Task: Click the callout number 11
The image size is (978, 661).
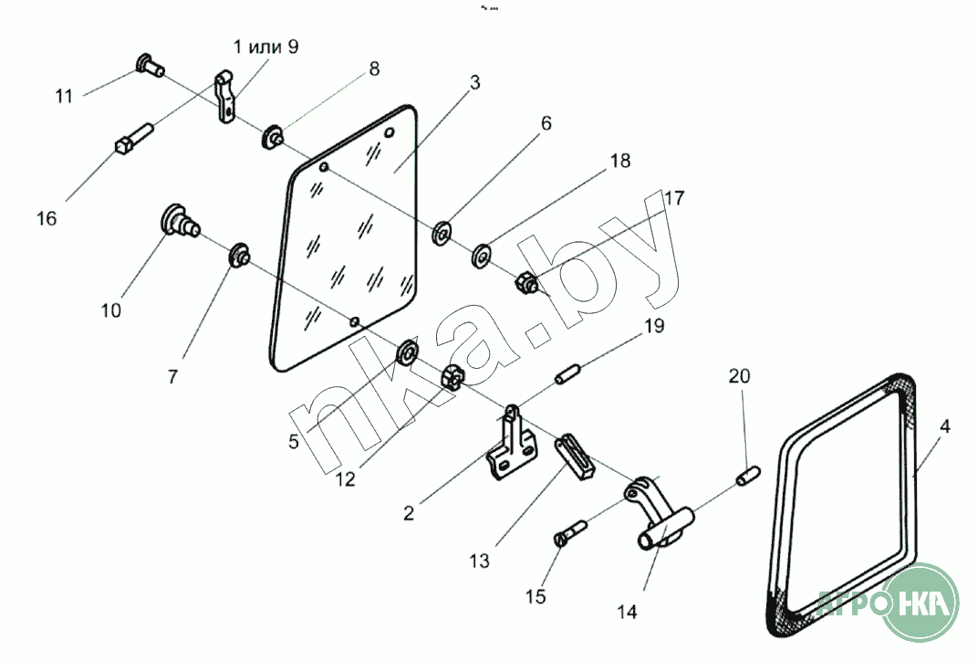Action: [x=64, y=96]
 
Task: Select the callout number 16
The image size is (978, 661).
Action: [x=47, y=218]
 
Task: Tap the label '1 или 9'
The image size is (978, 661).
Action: [x=265, y=47]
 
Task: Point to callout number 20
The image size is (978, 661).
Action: [x=739, y=376]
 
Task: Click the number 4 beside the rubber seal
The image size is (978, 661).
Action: [x=945, y=427]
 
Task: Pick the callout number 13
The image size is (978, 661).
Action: [x=480, y=561]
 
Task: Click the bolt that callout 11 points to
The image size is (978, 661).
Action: [x=150, y=65]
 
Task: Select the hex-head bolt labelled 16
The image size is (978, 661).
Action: [x=134, y=138]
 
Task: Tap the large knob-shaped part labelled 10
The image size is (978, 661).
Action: [x=180, y=220]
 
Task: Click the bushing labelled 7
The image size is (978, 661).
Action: [x=240, y=255]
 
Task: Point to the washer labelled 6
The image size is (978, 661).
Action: [x=443, y=233]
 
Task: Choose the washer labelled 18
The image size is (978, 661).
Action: [x=482, y=255]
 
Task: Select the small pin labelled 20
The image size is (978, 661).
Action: [x=747, y=475]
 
